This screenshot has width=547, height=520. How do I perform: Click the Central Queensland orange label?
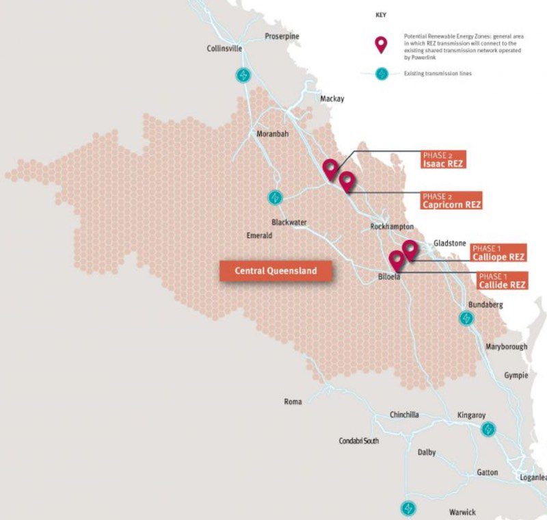(x=276, y=271)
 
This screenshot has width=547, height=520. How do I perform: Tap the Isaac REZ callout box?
(x=444, y=160)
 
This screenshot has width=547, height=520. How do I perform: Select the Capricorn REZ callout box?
(x=451, y=200)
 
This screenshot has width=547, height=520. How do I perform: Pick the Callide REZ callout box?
(x=501, y=281)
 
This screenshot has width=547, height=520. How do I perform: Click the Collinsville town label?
(x=225, y=48)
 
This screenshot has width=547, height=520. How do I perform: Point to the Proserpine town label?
(x=282, y=36)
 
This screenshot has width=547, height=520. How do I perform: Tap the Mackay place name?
(x=332, y=99)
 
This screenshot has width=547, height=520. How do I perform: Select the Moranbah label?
(x=272, y=133)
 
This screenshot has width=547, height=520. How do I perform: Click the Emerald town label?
(x=259, y=235)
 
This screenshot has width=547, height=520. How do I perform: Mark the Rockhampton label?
(x=392, y=226)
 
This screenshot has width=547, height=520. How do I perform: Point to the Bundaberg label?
(x=486, y=304)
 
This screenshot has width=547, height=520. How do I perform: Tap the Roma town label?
(x=293, y=402)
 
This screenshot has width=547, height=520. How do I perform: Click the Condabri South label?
(x=358, y=441)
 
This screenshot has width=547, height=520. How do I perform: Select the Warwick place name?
(x=462, y=512)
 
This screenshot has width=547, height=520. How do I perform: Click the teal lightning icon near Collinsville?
(x=243, y=75)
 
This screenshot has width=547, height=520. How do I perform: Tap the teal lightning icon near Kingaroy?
(x=488, y=429)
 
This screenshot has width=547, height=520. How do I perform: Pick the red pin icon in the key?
(x=382, y=45)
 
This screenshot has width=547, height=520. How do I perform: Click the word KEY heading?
(x=382, y=14)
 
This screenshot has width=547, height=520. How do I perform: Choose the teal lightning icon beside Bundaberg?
(x=466, y=318)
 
